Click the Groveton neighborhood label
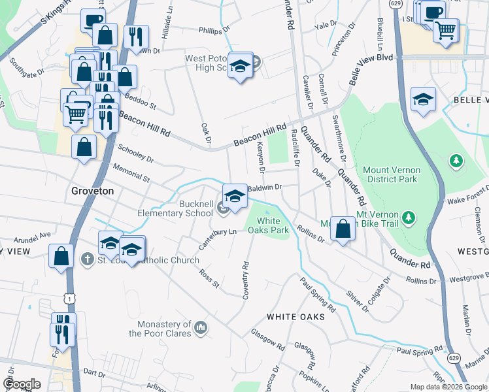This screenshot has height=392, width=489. point(92,191)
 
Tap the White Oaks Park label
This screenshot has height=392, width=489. point(272,225)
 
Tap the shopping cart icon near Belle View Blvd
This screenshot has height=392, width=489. point(445,30)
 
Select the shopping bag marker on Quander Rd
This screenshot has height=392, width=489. point(343,229)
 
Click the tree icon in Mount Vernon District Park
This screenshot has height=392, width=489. point(456,160)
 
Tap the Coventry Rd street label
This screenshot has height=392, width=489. point(246,281)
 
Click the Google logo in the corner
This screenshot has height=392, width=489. point(22,384)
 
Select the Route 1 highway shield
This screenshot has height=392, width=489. point(69,298)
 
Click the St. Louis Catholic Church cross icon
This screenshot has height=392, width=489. point(86,260)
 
